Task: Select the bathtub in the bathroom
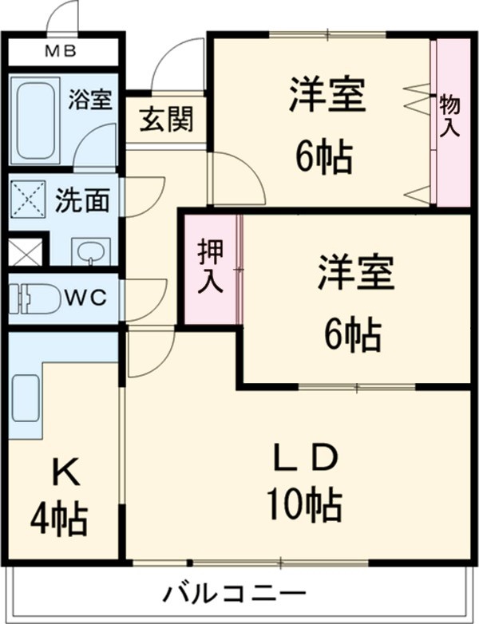pyautogui.click(x=36, y=119)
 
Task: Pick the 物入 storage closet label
pyautogui.click(x=449, y=116)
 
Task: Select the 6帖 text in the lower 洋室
pyautogui.click(x=352, y=335)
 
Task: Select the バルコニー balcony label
pyautogui.click(x=235, y=594)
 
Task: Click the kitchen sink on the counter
pyautogui.click(x=26, y=398)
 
